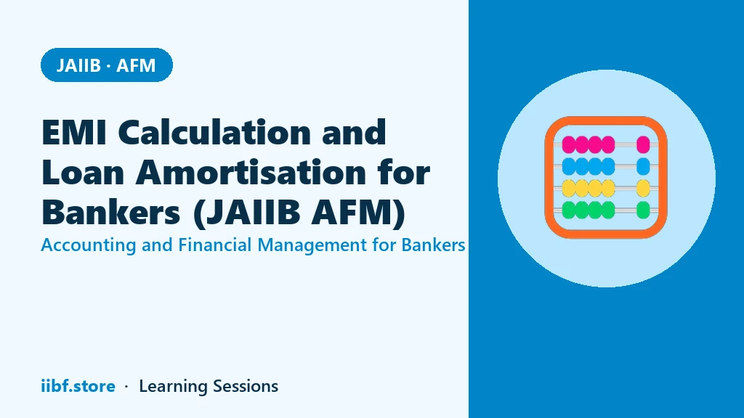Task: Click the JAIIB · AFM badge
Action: click(107, 65)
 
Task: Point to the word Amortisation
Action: click(251, 172)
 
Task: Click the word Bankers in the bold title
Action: click(111, 212)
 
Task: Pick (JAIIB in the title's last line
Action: click(247, 212)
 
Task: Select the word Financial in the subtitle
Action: click(215, 245)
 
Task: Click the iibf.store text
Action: click(78, 386)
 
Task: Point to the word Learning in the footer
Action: click(173, 387)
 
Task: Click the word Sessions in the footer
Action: click(246, 386)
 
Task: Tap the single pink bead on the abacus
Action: click(643, 144)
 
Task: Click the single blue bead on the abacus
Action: click(643, 166)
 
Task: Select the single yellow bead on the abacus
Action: click(643, 188)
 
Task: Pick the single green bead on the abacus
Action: click(643, 210)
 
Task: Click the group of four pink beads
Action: click(589, 144)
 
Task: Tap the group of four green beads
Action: click(589, 210)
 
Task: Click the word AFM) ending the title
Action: click(359, 212)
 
